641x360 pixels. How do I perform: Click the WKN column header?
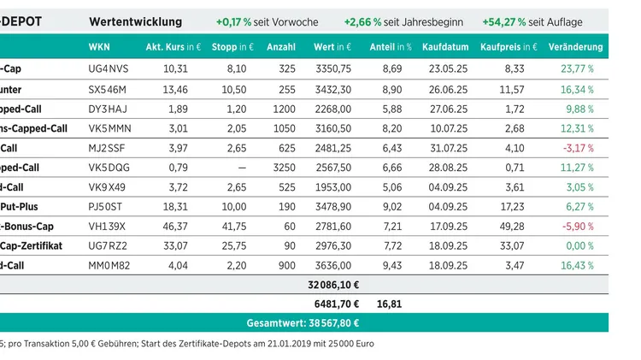click(x=98, y=47)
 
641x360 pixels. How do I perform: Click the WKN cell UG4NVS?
click(x=107, y=68)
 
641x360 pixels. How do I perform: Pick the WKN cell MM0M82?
click(x=108, y=266)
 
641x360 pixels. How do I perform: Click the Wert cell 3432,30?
click(x=332, y=89)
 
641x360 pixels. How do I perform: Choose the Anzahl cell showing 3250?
click(x=284, y=168)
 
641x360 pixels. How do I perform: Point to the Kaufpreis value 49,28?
click(x=511, y=227)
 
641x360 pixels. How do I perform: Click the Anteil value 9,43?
click(x=391, y=266)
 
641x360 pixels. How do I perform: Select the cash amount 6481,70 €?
click(x=337, y=303)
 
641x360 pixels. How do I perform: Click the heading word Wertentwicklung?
click(x=135, y=21)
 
